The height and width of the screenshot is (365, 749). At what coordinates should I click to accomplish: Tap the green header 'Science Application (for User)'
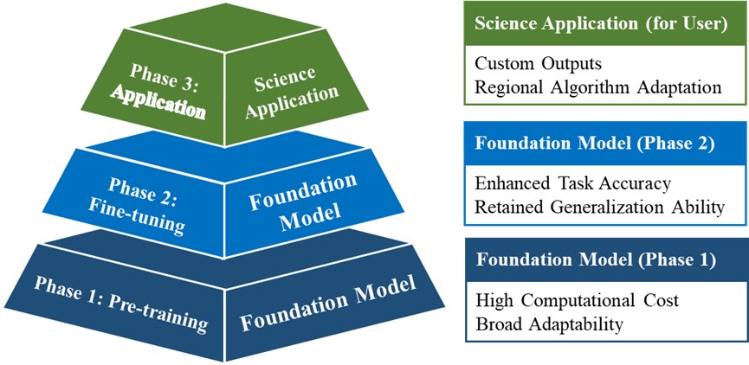(x=601, y=25)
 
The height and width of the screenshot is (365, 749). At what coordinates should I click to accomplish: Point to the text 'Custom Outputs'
(x=539, y=64)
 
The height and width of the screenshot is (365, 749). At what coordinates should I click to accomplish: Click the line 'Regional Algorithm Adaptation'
(x=598, y=88)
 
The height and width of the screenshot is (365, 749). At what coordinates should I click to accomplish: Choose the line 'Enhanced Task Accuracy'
(x=573, y=183)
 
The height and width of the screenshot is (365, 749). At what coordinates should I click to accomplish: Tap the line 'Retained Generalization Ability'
(x=600, y=208)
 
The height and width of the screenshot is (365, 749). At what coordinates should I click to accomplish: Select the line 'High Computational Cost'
(x=577, y=301)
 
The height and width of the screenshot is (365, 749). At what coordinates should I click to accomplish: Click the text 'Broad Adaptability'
(x=549, y=325)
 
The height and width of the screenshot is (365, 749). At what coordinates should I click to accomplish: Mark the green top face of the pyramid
(x=225, y=28)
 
